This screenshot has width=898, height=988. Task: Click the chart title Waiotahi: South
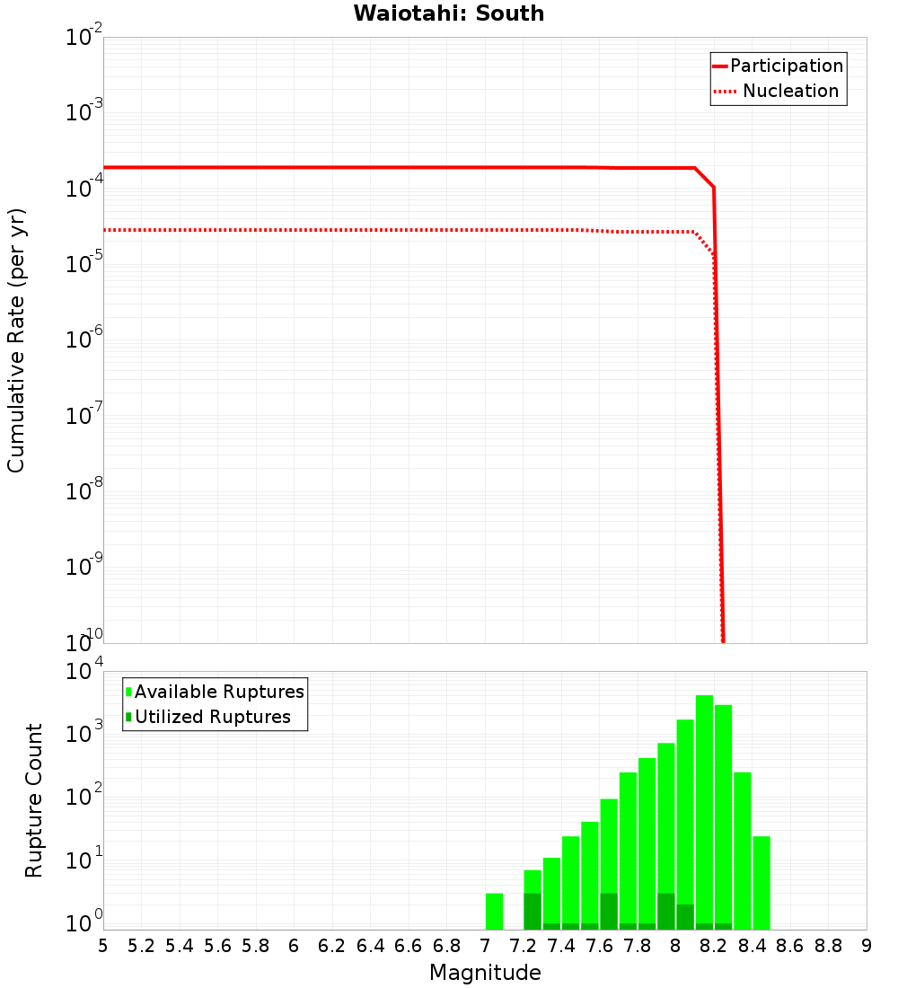pos(448,13)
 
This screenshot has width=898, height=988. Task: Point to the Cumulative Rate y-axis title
pos(17,340)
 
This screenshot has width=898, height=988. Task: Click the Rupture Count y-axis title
pos(34,800)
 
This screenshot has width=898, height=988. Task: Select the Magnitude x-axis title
pos(485,973)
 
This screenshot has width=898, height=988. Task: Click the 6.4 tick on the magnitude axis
pos(370,946)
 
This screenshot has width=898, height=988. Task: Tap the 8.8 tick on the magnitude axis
pos(828,946)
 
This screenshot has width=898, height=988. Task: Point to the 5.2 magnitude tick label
pos(142,946)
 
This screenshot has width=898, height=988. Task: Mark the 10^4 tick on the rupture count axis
pos(85,673)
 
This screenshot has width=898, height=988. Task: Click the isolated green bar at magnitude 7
pos(494,911)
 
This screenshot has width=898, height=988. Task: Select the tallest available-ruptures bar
pos(704,808)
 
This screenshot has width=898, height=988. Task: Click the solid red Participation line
pos(359,167)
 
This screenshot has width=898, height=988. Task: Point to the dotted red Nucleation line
pos(359,230)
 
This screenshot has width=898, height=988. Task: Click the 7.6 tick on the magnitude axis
pos(599,946)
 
